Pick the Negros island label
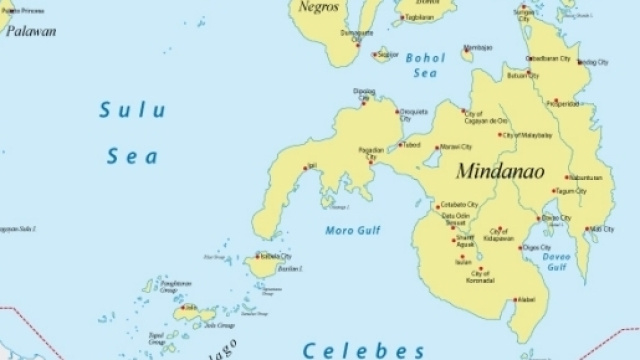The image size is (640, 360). [319, 7]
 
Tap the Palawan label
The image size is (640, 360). [31, 31]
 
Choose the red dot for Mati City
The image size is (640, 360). [587, 229]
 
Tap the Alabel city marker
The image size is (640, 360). [516, 299]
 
